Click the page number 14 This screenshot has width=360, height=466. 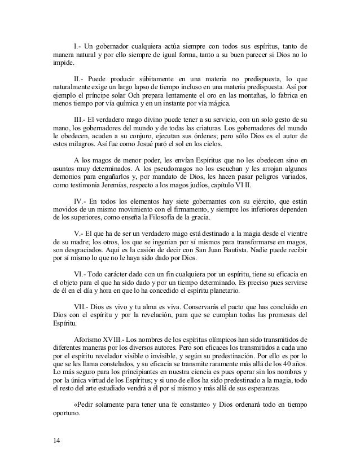pos(55,441)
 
